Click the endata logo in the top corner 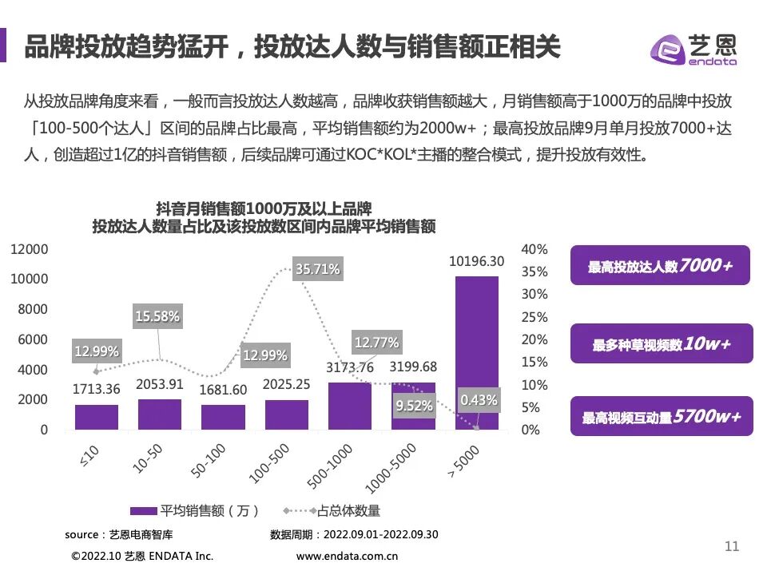click(693, 50)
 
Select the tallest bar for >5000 click(476, 352)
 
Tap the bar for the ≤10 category click(97, 417)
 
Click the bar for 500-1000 click(350, 406)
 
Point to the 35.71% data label click(317, 269)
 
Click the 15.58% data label click(157, 316)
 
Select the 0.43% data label click(479, 399)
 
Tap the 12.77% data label click(376, 343)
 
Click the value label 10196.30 click(476, 261)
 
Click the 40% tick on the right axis click(535, 249)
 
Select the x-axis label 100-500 click(268, 462)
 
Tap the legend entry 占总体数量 click(334, 510)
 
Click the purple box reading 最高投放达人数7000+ click(661, 266)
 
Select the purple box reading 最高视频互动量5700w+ click(661, 416)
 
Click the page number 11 click(731, 546)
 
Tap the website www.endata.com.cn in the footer click(347, 557)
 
